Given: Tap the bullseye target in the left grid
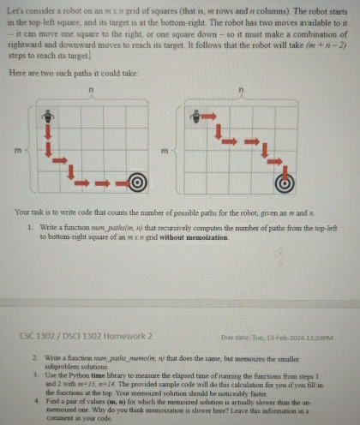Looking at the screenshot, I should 135,181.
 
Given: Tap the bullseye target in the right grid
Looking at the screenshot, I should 288,181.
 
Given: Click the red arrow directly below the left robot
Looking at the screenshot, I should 50,131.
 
